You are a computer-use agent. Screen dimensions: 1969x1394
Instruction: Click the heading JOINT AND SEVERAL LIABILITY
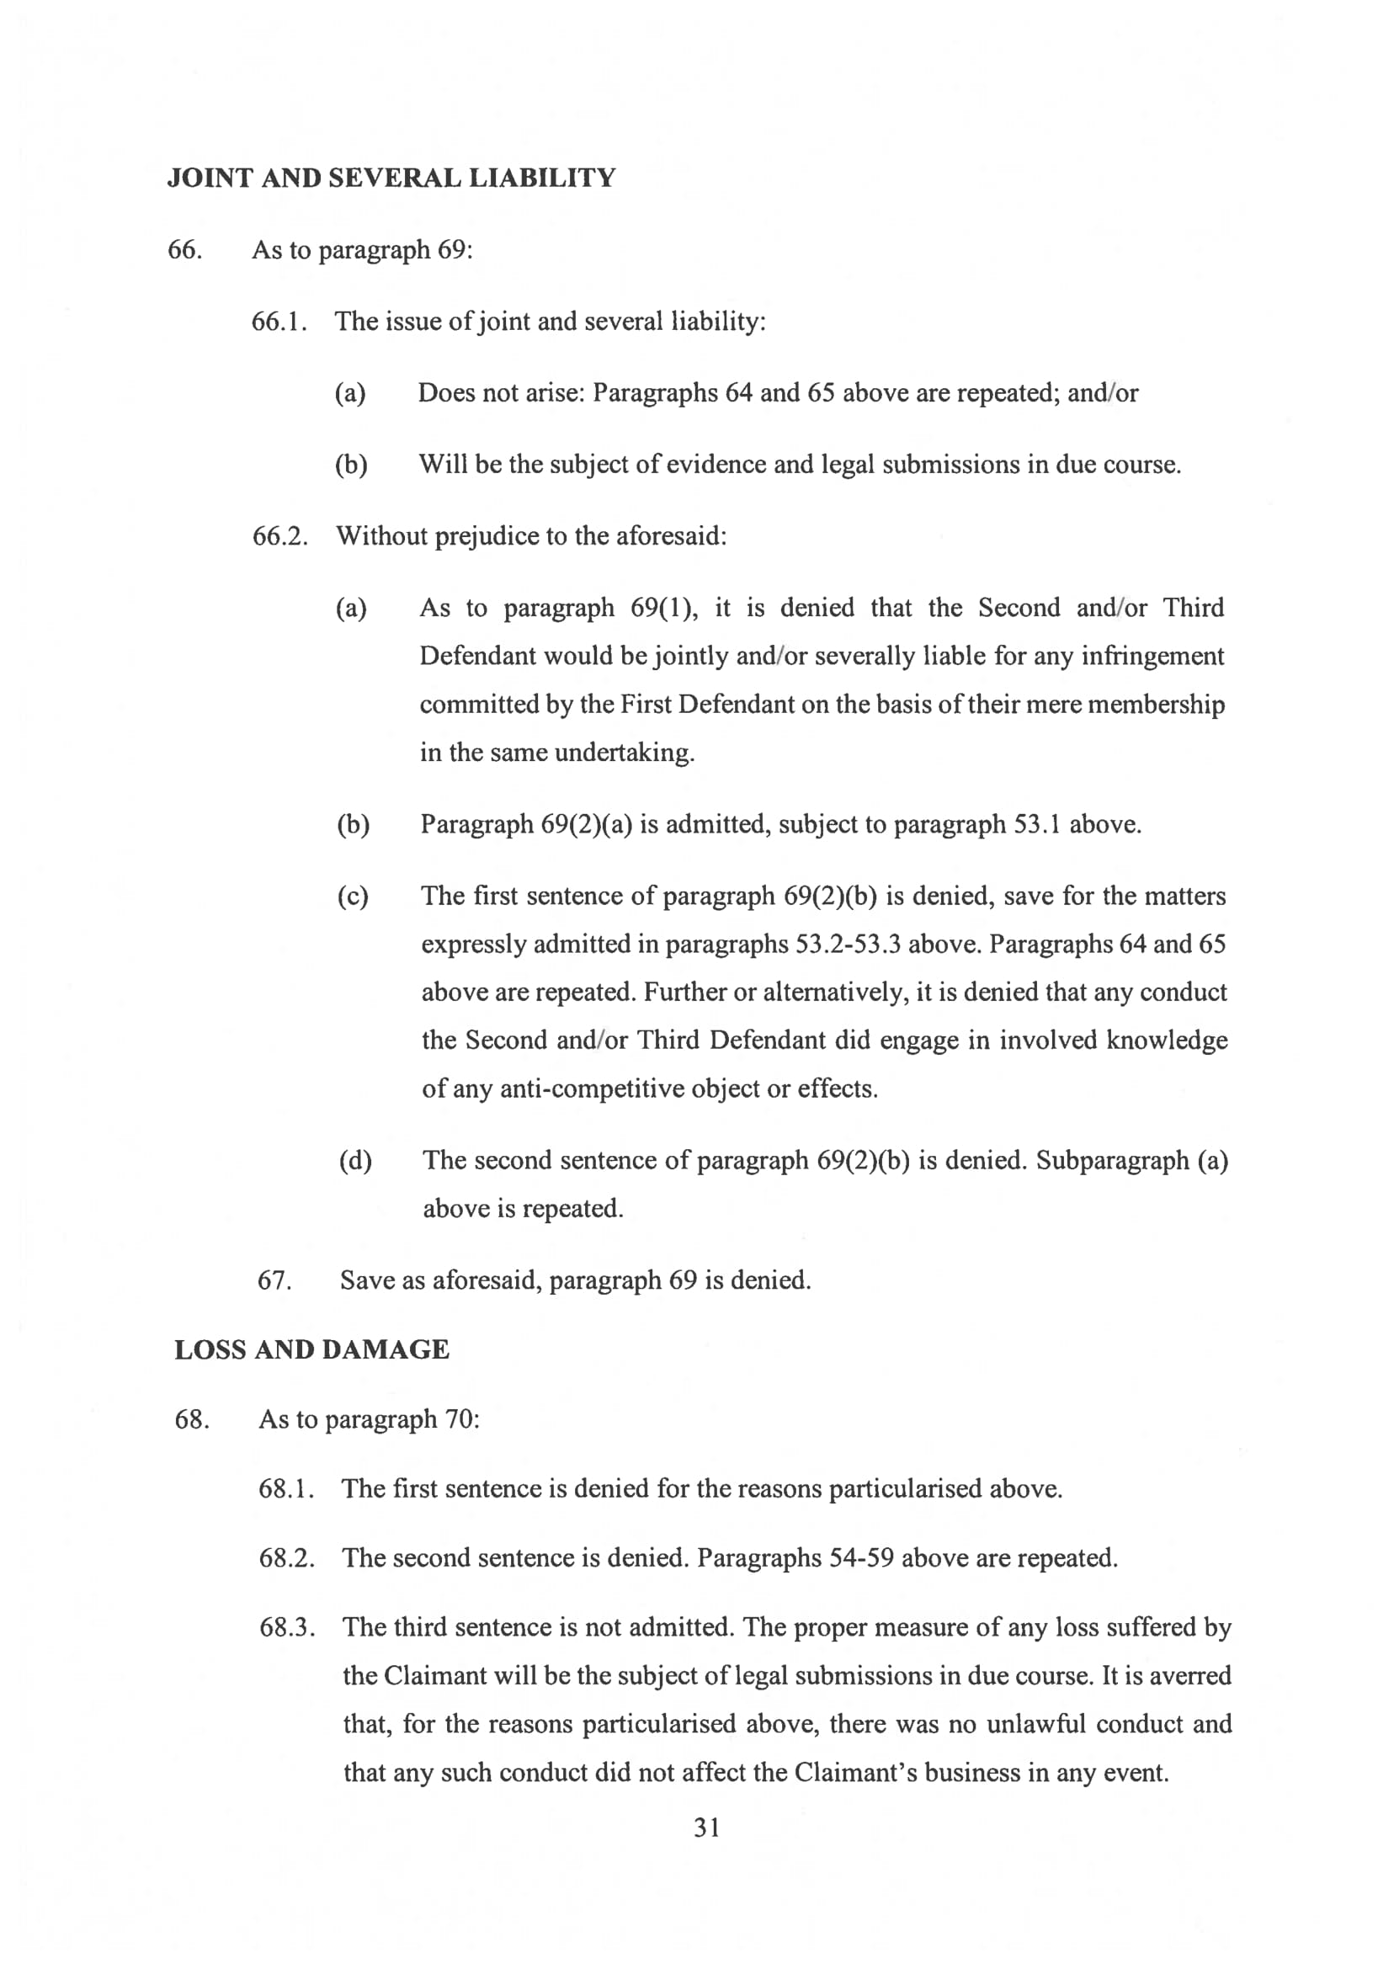tap(391, 178)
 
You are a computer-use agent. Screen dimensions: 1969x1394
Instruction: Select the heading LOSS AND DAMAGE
tap(311, 1349)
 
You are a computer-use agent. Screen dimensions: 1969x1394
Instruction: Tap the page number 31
tap(706, 1828)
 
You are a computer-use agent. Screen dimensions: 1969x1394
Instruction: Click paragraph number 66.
tap(184, 250)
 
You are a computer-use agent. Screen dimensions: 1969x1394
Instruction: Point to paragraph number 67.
tap(274, 1280)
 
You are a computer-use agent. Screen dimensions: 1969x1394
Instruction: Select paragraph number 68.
tap(191, 1419)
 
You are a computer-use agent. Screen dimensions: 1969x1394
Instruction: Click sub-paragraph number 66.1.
tap(279, 322)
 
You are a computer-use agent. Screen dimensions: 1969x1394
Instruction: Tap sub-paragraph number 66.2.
tap(279, 536)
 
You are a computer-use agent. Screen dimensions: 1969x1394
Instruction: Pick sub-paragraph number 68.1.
tap(286, 1489)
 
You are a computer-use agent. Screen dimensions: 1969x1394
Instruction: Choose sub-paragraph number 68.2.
tap(287, 1558)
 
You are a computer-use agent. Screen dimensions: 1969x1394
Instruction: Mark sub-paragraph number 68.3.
tap(287, 1627)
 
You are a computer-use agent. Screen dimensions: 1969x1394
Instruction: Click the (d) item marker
tap(355, 1161)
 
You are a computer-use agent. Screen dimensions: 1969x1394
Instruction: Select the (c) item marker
tap(353, 896)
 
